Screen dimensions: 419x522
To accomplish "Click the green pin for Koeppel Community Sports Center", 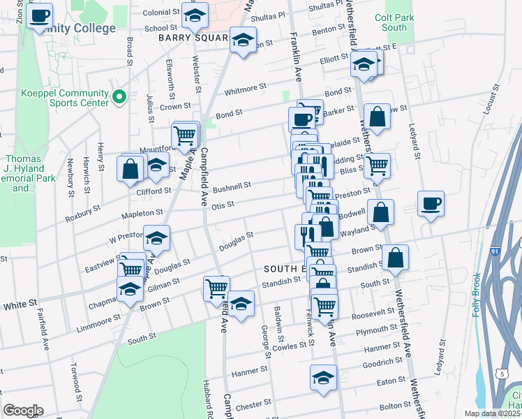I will (119, 96).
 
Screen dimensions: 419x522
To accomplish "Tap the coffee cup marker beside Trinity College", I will (40, 15).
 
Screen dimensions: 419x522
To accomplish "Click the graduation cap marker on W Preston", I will (157, 238).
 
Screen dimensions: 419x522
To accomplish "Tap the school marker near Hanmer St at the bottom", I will (322, 378).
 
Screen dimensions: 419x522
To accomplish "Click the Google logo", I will (23, 411).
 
